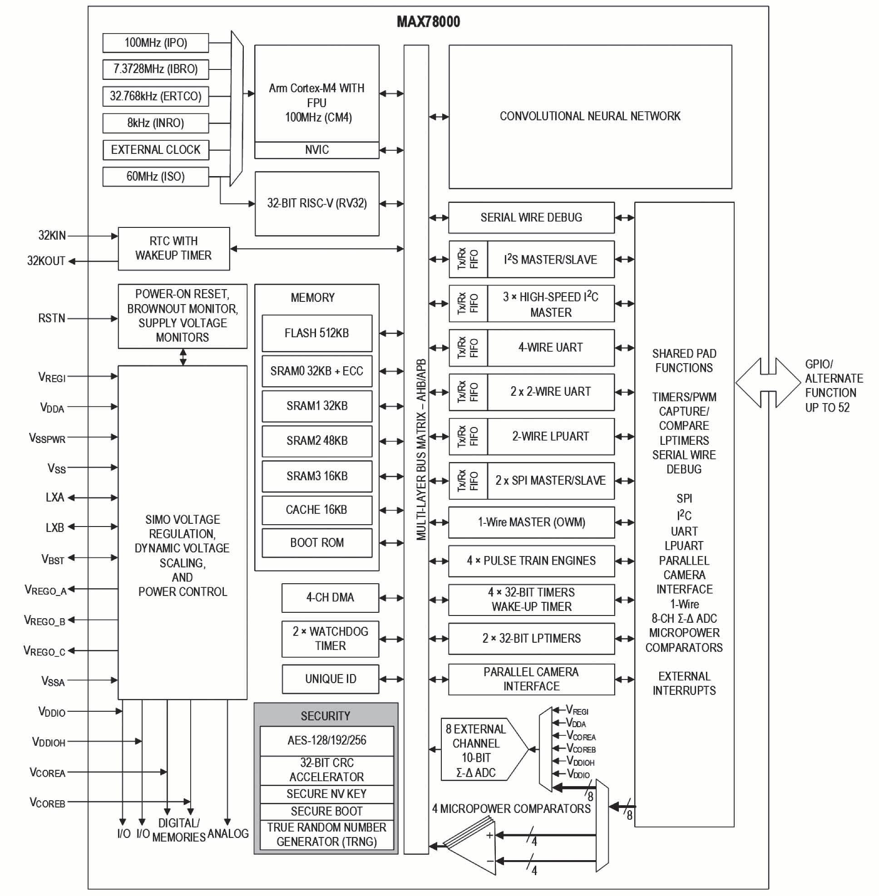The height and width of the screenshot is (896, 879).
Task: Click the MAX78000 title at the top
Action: click(x=428, y=22)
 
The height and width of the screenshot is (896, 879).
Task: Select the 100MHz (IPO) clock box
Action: click(x=156, y=43)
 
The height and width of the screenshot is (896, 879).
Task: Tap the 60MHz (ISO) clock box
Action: click(x=156, y=176)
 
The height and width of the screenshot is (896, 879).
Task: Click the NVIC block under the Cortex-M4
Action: click(x=317, y=150)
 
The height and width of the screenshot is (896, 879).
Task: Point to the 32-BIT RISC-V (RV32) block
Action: click(x=317, y=203)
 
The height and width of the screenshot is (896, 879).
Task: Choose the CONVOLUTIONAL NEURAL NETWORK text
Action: click(x=589, y=116)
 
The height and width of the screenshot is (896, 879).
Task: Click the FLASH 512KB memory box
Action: click(x=317, y=333)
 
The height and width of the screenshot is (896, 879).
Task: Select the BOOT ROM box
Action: click(x=317, y=542)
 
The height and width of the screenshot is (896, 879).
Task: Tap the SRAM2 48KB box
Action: click(x=317, y=441)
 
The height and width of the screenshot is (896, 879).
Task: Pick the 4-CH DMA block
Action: click(x=330, y=597)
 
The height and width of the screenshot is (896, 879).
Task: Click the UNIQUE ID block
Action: click(x=330, y=679)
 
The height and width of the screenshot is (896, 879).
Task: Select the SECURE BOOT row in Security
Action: click(x=326, y=811)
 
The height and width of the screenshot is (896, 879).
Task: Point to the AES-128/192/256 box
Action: click(x=326, y=740)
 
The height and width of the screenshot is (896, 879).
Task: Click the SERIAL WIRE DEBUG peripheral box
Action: click(x=531, y=217)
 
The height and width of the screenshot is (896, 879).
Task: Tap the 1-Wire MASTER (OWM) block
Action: click(x=531, y=522)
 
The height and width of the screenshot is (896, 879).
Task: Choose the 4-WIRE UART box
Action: click(x=550, y=348)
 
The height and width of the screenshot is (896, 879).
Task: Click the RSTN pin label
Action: click(x=52, y=319)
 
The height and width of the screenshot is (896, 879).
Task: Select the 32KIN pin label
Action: click(x=52, y=236)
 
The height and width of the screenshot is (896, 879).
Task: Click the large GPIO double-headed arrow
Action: click(x=768, y=383)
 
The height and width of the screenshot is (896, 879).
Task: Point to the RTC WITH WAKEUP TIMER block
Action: click(x=173, y=248)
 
